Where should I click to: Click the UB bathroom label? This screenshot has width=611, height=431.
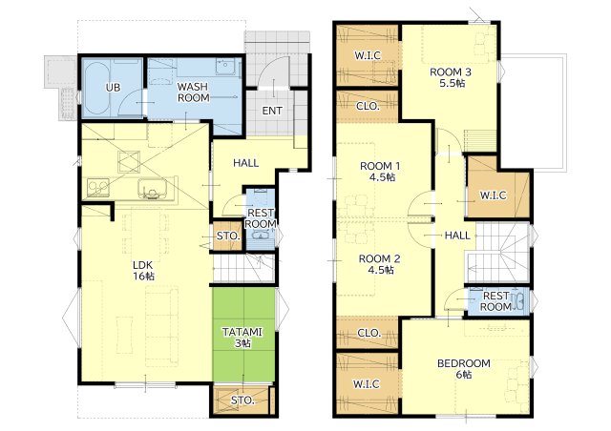113,88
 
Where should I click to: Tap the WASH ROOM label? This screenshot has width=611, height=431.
193,92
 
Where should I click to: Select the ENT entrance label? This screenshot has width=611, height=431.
272,111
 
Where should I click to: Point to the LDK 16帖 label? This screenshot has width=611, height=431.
143,271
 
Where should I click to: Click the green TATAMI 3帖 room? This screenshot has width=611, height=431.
244,335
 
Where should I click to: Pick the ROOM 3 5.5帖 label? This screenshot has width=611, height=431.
451,77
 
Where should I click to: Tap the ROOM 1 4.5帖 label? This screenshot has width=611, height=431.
380,172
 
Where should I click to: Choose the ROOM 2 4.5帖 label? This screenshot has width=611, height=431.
380,264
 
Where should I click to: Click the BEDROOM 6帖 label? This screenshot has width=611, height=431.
464,369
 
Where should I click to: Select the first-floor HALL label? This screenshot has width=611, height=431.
246,163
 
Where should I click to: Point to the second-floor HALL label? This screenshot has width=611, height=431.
457,236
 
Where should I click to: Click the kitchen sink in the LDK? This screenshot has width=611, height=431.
152,189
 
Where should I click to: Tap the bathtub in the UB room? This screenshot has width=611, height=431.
95,90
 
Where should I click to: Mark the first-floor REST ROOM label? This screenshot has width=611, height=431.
261,218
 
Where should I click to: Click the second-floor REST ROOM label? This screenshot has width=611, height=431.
495,301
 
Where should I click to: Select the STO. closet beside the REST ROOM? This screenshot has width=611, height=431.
227,236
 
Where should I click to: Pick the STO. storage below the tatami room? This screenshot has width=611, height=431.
242,400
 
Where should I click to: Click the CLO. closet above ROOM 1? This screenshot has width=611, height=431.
368,106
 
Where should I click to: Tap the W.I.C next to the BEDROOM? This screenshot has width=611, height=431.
367,383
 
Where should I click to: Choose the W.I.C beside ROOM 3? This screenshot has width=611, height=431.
367,55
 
